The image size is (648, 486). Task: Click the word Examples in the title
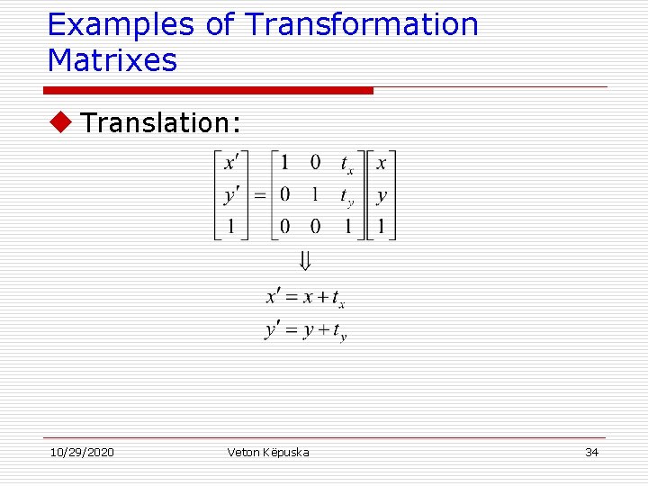[x=121, y=25]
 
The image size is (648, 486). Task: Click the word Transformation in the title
[x=362, y=25]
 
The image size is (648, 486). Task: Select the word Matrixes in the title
[x=112, y=61]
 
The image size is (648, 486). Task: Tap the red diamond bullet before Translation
[x=61, y=122]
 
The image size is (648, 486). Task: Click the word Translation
[x=160, y=122]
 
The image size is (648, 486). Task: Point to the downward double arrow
[x=305, y=262]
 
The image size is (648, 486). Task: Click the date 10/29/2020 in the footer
[x=81, y=452]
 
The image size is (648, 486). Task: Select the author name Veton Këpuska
[x=268, y=452]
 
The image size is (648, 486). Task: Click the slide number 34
[x=591, y=452]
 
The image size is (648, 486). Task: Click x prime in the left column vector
[x=231, y=164]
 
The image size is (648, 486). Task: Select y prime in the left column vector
[x=231, y=195]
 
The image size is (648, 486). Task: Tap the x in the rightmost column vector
[x=382, y=164]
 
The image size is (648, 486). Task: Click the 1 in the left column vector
[x=231, y=227]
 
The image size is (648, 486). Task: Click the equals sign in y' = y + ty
[x=292, y=331]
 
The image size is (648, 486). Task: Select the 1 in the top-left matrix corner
[x=285, y=164]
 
